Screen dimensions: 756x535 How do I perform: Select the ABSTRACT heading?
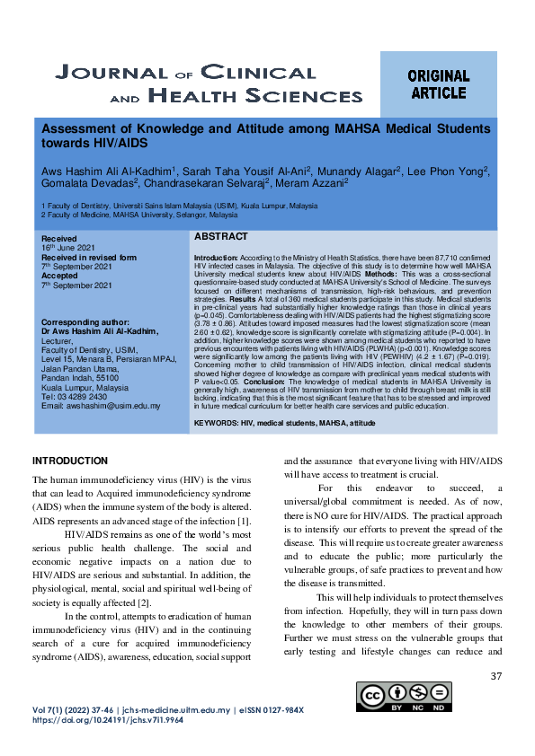point(220,236)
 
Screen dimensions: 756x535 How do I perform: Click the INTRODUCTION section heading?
point(70,461)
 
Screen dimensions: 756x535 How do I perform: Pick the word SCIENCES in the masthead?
point(271,93)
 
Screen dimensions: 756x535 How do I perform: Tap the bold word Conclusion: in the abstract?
point(265,382)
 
